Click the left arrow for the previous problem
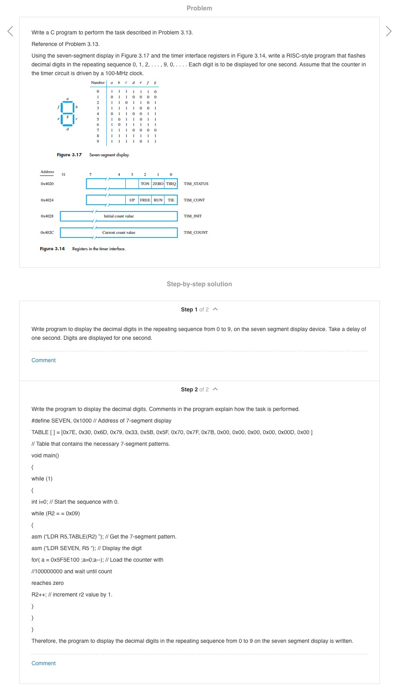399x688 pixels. click(10, 31)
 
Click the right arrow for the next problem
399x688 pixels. click(389, 31)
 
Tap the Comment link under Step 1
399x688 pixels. click(43, 360)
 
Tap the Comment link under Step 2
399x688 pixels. click(43, 663)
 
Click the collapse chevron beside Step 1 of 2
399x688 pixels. click(215, 309)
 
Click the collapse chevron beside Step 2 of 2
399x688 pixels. click(215, 389)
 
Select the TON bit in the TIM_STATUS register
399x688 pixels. click(145, 184)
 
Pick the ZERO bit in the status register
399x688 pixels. click(158, 184)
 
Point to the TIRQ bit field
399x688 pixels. click(171, 184)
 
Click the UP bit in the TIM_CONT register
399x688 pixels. click(132, 200)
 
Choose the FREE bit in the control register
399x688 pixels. click(145, 200)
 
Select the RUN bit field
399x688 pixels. click(158, 200)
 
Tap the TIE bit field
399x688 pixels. click(171, 200)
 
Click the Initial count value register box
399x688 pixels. click(119, 216)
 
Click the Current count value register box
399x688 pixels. click(119, 233)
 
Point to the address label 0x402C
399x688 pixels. click(47, 233)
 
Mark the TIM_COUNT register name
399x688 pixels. click(196, 233)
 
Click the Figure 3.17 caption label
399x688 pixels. click(69, 155)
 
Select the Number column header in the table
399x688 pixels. click(98, 83)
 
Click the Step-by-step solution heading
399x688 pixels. click(199, 284)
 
